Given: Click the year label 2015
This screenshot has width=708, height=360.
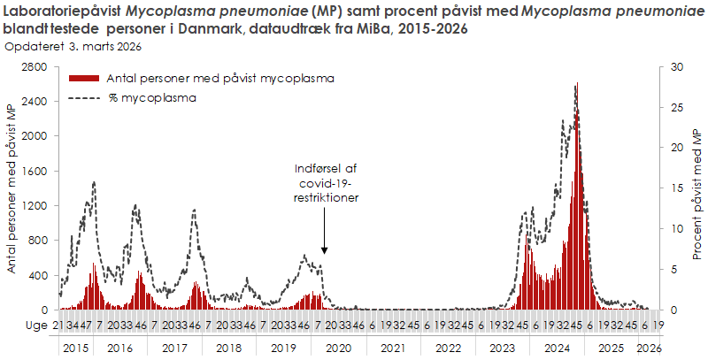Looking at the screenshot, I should pos(75,349).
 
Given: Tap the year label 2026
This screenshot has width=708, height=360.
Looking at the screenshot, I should pos(649,349).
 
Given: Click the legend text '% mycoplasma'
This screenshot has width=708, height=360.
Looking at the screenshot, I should pos(152,98).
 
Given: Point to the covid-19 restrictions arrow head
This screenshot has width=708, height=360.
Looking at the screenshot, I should pos(324,253).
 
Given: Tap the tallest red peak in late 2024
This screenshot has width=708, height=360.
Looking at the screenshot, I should pos(577,85).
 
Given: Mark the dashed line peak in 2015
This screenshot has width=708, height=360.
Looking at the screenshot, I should pos(94,182).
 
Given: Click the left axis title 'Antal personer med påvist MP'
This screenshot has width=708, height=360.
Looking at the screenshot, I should pos(12,188).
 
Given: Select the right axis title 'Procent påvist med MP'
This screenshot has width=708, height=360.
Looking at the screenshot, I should pos(696,188).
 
